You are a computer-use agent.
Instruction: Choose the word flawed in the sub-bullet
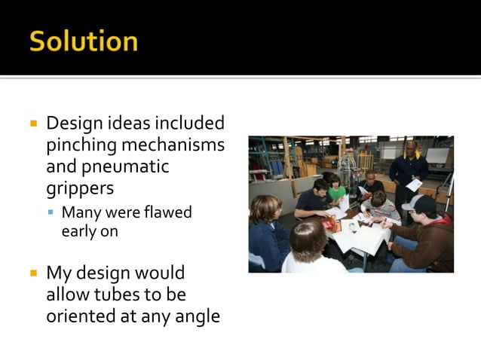pos(168,212)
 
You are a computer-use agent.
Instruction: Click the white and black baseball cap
pos(419,203)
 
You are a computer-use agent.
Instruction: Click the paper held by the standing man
pos(414,185)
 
